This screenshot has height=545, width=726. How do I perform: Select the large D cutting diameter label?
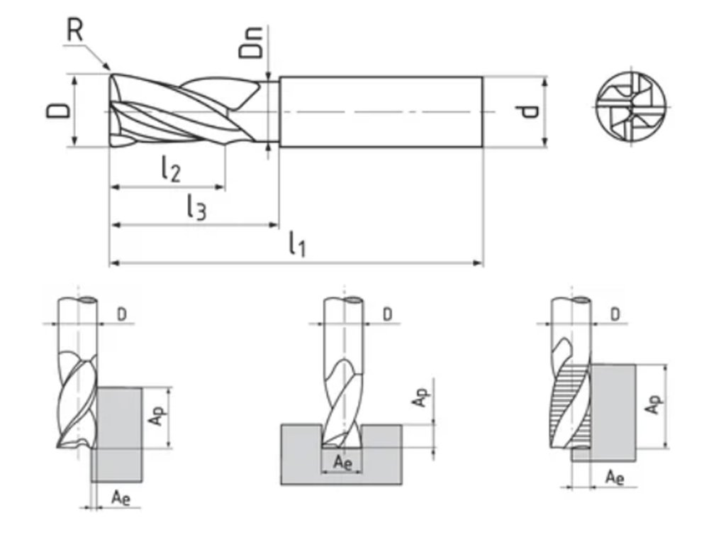(60, 111)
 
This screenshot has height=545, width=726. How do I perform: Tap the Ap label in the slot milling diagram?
(420, 399)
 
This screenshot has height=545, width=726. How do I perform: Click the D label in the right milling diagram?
(615, 313)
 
